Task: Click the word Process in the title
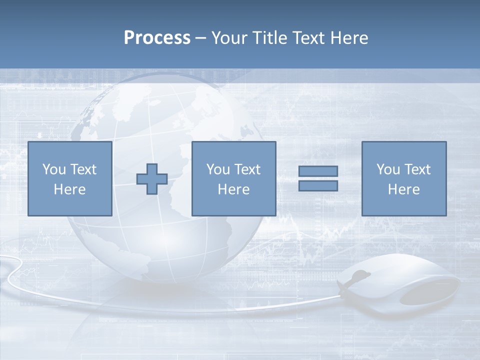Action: pyautogui.click(x=157, y=38)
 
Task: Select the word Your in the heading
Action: pyautogui.click(x=230, y=38)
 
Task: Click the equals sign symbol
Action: pyautogui.click(x=318, y=178)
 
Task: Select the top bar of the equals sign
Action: pyautogui.click(x=318, y=171)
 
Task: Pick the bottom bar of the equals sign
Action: pyautogui.click(x=318, y=186)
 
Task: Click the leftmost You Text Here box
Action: pyautogui.click(x=69, y=179)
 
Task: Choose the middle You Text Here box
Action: pyautogui.click(x=233, y=179)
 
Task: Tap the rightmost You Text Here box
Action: pyautogui.click(x=404, y=179)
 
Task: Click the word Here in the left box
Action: pyautogui.click(x=69, y=189)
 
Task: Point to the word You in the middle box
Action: pyautogui.click(x=218, y=169)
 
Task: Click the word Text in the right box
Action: pyautogui.click(x=417, y=169)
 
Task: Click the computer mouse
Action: pyautogui.click(x=400, y=285)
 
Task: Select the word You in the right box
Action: pyautogui.click(x=388, y=169)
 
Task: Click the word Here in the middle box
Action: pyautogui.click(x=233, y=189)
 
